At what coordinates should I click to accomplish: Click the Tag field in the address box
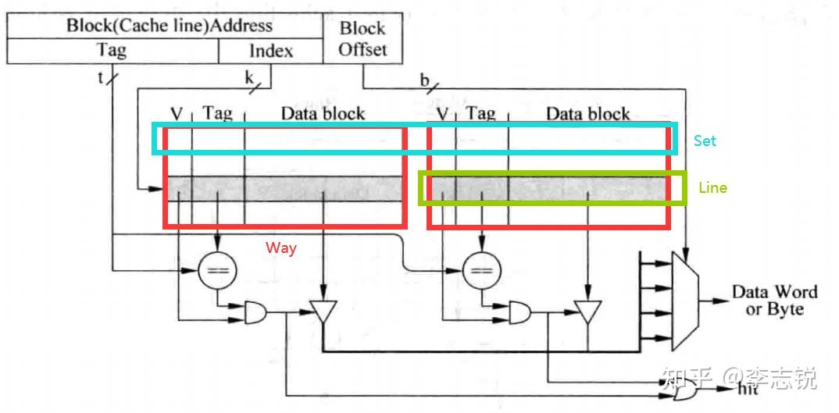click(112, 51)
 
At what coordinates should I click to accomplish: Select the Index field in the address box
click(270, 51)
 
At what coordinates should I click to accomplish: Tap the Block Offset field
click(362, 38)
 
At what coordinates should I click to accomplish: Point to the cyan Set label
click(705, 141)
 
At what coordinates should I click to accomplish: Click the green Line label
click(712, 188)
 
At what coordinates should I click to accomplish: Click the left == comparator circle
click(217, 271)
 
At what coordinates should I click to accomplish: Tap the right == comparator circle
click(482, 271)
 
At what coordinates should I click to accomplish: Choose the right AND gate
click(519, 314)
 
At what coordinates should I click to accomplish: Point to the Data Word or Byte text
click(774, 301)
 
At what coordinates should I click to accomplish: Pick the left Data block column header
click(323, 113)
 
